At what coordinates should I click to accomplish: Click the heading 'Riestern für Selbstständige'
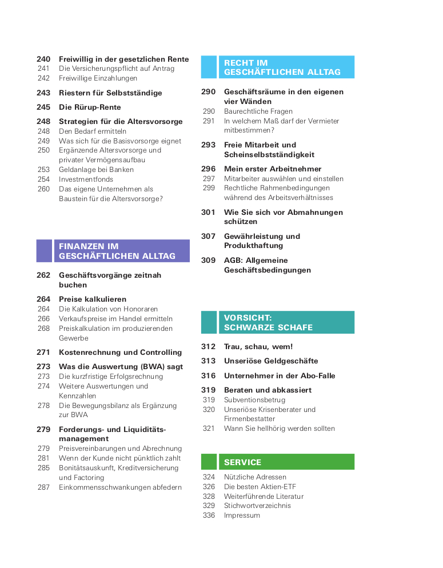tap(110, 93)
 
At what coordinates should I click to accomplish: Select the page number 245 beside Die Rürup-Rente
tap(43, 107)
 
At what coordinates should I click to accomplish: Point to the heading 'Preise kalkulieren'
tap(93, 299)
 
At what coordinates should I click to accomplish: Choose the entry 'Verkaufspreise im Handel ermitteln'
tap(115, 318)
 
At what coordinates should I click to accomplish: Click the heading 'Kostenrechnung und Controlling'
tap(120, 352)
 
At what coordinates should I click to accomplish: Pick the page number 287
tap(43, 487)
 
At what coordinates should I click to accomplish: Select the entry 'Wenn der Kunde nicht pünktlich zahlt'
tap(120, 458)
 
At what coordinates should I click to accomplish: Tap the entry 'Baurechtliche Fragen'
tap(258, 111)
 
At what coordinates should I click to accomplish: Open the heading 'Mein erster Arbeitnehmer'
tap(273, 169)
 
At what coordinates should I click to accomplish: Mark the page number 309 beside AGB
tap(208, 260)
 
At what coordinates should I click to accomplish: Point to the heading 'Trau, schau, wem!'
tap(258, 346)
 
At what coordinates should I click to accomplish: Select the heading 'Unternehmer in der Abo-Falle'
tap(280, 375)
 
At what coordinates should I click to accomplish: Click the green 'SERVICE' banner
tap(278, 462)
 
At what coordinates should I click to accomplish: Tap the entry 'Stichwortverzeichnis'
tap(257, 505)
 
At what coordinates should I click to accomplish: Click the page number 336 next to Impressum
tap(209, 515)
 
